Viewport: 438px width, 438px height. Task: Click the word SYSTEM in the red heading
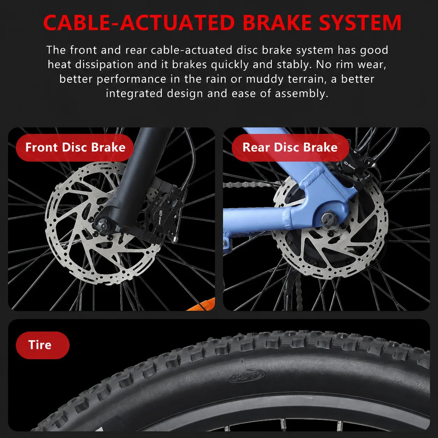pyautogui.click(x=360, y=23)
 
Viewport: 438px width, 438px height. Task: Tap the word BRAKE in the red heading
pyautogui.click(x=277, y=23)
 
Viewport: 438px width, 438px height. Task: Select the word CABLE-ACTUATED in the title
pyautogui.click(x=139, y=23)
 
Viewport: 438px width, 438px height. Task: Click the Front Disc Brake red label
pyautogui.click(x=75, y=147)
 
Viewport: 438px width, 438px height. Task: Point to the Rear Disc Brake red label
pyautogui.click(x=290, y=147)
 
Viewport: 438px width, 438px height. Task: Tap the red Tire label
pyautogui.click(x=43, y=345)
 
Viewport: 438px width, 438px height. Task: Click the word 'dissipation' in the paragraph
pyautogui.click(x=104, y=65)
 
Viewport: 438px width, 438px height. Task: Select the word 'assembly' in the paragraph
pyautogui.click(x=302, y=94)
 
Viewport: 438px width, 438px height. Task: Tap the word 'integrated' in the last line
pyautogui.click(x=134, y=94)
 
